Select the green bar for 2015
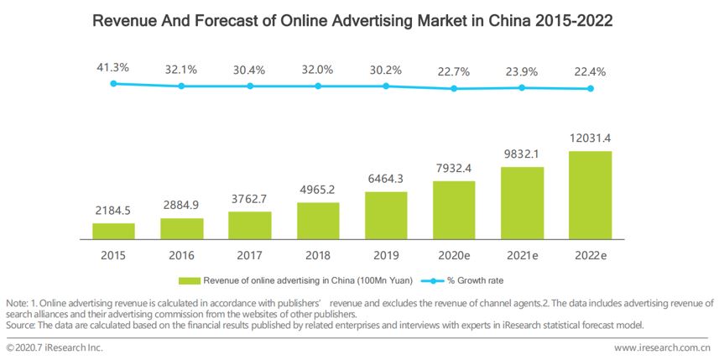click(113, 231)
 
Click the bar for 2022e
click(590, 195)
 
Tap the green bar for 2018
click(318, 220)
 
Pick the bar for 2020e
click(454, 209)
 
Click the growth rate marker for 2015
click(113, 83)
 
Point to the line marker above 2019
click(386, 86)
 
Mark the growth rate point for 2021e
click(522, 87)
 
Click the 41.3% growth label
click(113, 66)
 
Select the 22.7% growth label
click(454, 70)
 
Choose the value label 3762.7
click(250, 199)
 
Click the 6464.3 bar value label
click(386, 179)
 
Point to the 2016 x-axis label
click(181, 255)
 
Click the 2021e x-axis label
click(522, 255)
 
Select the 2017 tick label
click(250, 255)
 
